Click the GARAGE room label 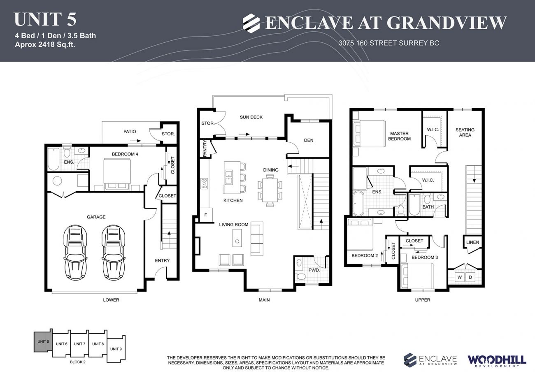(96, 217)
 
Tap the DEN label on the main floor (309, 140)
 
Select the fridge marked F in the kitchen (205, 215)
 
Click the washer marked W (460, 277)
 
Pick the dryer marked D (470, 277)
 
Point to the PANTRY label (205, 148)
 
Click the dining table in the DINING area (270, 190)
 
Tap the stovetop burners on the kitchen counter (204, 183)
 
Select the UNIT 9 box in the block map (116, 349)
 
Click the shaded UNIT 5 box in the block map (43, 342)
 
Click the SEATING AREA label (465, 132)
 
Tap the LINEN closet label (473, 242)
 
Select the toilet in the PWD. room (301, 276)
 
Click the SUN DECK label (251, 117)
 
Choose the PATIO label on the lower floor (130, 132)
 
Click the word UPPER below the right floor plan (423, 300)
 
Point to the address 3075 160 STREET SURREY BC (389, 43)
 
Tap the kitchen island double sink (228, 177)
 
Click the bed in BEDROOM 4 (117, 174)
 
